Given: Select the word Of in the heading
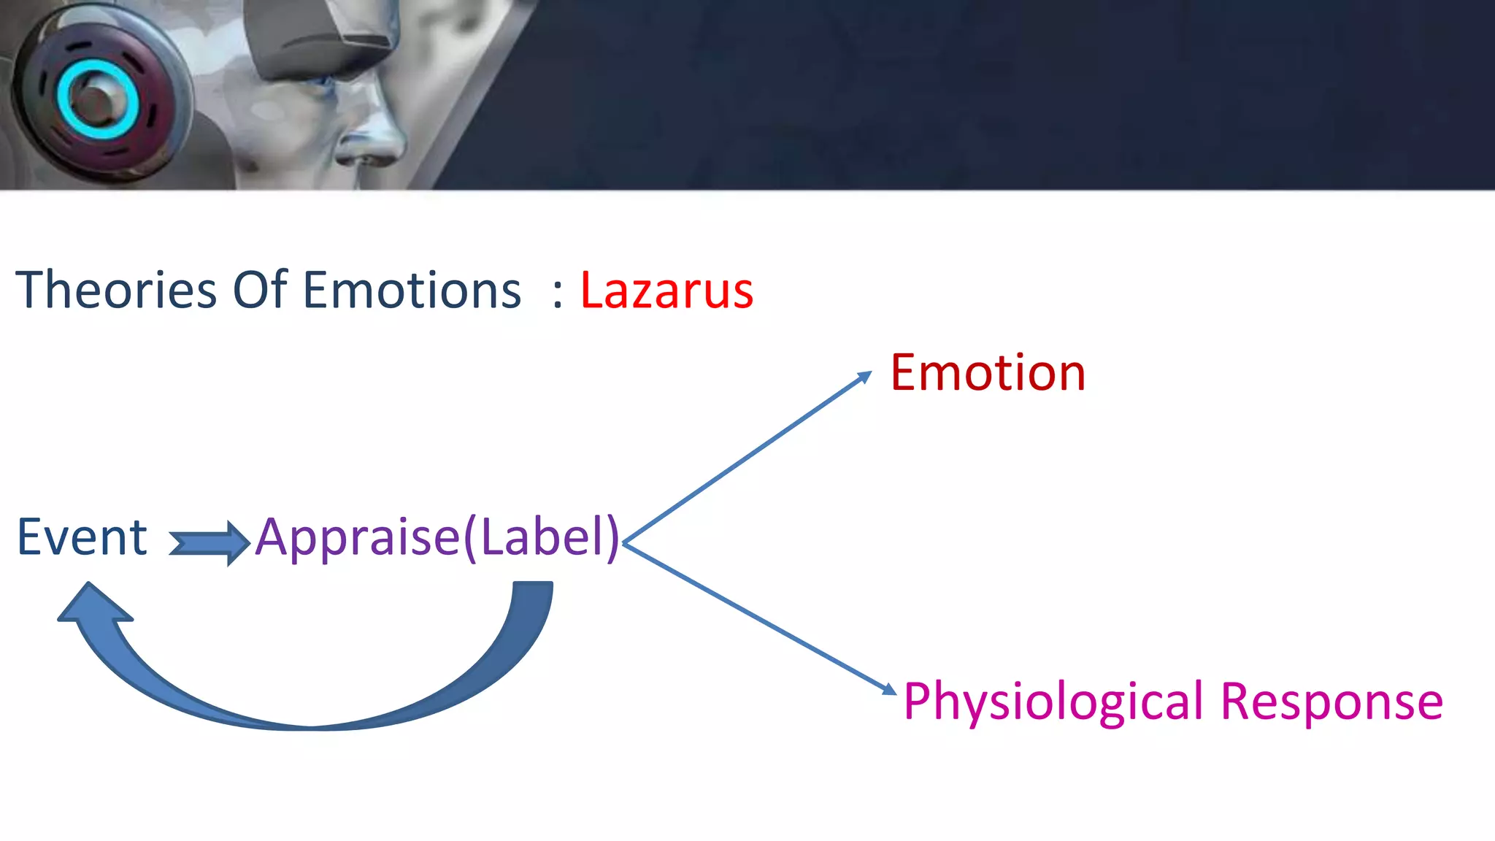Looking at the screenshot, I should pyautogui.click(x=259, y=291).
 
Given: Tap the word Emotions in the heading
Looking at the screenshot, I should pyautogui.click(x=412, y=291).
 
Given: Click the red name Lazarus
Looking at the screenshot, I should pyautogui.click(x=666, y=291).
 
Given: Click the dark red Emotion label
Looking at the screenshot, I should pyautogui.click(x=987, y=373).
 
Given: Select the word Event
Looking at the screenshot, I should pyautogui.click(x=82, y=537).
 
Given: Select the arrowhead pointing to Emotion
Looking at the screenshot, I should pyautogui.click(x=864, y=377).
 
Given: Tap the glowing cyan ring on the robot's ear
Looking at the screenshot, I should pyautogui.click(x=97, y=101).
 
